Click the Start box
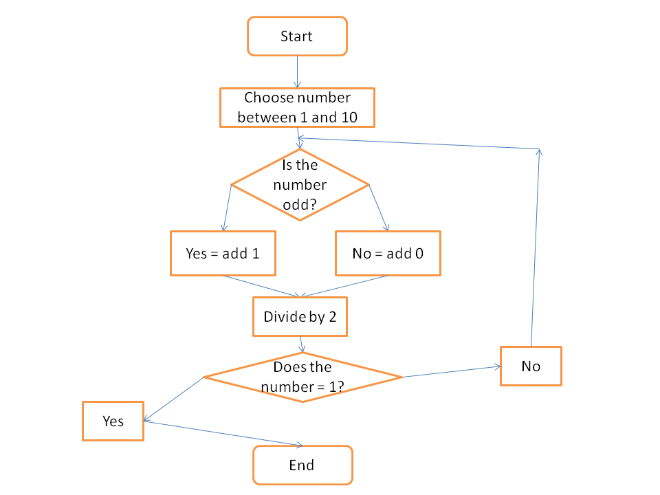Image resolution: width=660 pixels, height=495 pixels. (x=297, y=36)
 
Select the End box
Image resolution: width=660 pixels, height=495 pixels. (x=302, y=465)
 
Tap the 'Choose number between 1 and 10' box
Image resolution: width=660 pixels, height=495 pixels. (x=297, y=107)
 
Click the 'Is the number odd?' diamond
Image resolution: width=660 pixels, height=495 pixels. (x=300, y=184)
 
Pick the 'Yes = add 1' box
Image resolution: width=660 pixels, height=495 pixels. (x=223, y=253)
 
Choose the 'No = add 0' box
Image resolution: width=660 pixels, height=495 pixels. (x=388, y=253)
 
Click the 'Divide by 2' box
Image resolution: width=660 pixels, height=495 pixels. (x=300, y=317)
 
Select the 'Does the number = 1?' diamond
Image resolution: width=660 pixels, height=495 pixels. (x=302, y=377)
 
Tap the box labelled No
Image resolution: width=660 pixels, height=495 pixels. (x=531, y=366)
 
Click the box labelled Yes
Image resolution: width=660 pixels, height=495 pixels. (x=113, y=421)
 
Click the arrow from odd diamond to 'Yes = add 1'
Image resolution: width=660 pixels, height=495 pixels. (x=226, y=208)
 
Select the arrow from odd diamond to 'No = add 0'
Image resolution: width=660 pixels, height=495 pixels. (x=379, y=208)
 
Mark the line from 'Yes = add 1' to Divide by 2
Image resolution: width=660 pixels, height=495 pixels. (x=261, y=286)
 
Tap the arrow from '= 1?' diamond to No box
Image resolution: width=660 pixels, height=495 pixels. (x=451, y=372)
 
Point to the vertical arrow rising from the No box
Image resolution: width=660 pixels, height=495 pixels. (x=536, y=247)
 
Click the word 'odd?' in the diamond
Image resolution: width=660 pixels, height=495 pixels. (x=300, y=205)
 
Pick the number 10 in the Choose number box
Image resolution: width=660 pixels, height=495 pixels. (x=349, y=118)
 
